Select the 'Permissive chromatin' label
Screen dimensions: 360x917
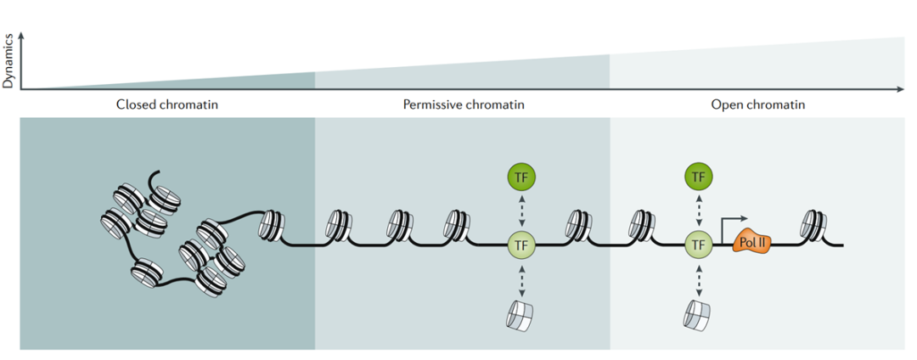click(463, 105)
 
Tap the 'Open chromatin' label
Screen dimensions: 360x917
click(757, 105)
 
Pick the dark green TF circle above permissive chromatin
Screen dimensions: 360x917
click(521, 177)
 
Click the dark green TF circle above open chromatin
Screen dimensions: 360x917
click(698, 177)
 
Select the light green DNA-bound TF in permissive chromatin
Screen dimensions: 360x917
click(521, 245)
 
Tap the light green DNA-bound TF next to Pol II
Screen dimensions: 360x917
click(698, 245)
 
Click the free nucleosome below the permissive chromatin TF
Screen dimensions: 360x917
click(521, 313)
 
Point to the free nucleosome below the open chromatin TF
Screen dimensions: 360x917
click(698, 313)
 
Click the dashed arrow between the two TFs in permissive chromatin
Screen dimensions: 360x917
click(521, 211)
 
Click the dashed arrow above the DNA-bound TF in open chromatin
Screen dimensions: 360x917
click(698, 211)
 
